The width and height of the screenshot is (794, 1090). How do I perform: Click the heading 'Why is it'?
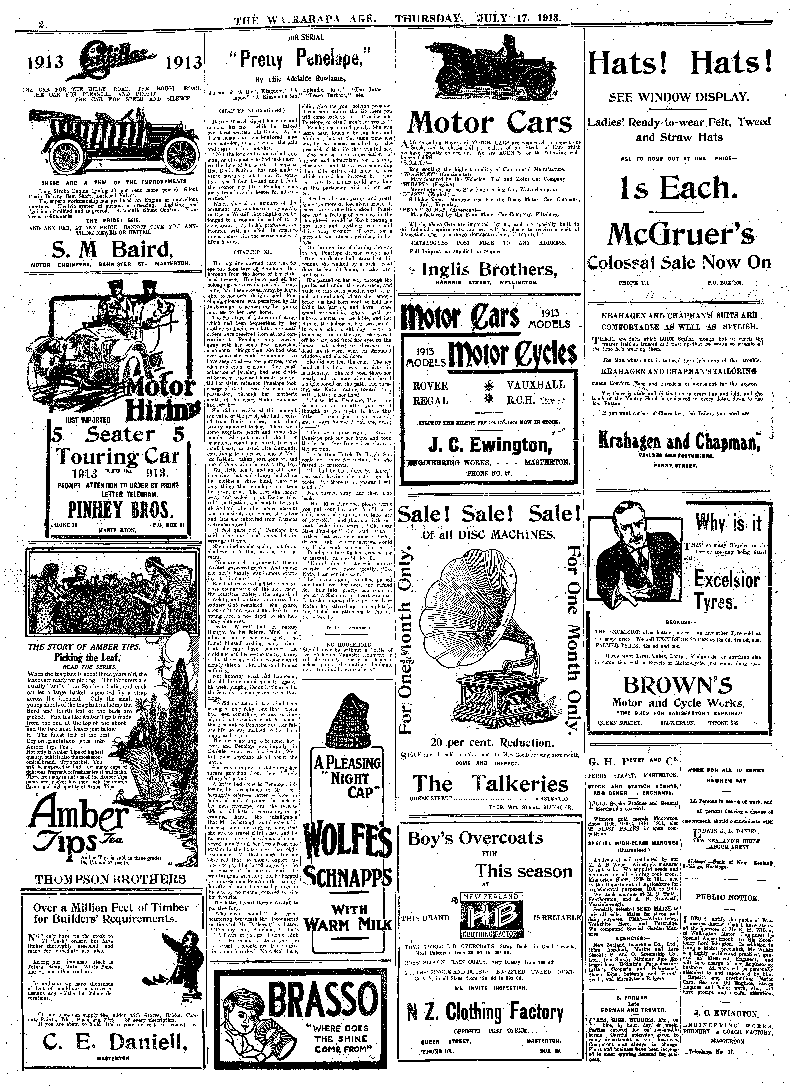(728, 522)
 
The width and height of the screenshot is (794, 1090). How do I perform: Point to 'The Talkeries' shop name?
(490, 783)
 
